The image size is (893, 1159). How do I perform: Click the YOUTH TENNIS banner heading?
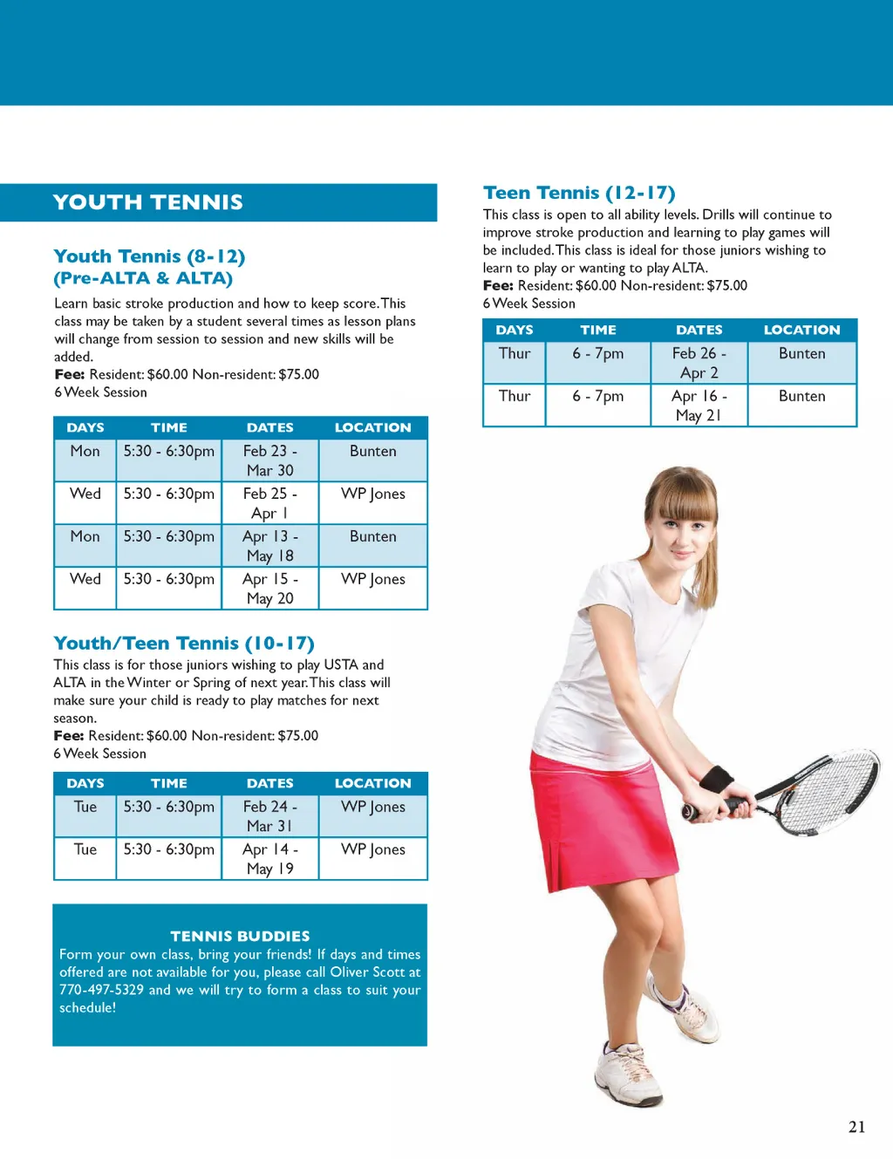click(147, 202)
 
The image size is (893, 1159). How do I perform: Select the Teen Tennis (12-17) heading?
click(579, 193)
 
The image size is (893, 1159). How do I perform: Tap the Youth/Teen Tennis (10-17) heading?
click(183, 644)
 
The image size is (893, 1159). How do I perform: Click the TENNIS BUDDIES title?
click(240, 936)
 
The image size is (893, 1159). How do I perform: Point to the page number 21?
click(856, 1127)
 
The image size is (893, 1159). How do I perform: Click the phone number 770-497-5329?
click(101, 990)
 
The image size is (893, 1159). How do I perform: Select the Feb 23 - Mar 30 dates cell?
click(269, 460)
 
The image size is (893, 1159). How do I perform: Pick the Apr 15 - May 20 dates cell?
click(269, 589)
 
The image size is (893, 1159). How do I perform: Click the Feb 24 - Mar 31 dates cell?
click(269, 816)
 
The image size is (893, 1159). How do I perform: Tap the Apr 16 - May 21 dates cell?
click(699, 406)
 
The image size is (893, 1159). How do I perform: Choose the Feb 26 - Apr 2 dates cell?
click(699, 363)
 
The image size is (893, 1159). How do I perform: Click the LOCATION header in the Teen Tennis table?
click(801, 330)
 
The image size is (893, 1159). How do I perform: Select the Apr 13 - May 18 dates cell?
click(269, 546)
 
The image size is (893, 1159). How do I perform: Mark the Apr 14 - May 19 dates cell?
click(269, 859)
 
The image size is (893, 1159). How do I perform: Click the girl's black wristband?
click(717, 778)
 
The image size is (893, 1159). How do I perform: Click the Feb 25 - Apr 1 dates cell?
click(269, 503)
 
